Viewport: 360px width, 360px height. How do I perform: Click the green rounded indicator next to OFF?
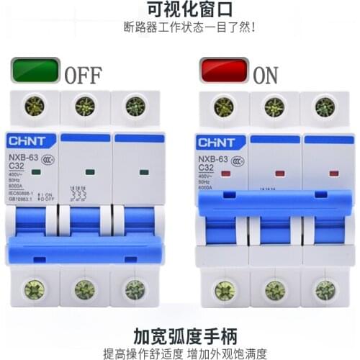35,71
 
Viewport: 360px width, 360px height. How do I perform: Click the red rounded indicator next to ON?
224,71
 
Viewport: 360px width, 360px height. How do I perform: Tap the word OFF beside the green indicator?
84,74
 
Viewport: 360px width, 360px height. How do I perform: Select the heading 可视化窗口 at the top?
179,11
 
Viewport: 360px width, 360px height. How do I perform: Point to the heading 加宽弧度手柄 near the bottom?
179,335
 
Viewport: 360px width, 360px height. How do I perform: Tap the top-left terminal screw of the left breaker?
34,106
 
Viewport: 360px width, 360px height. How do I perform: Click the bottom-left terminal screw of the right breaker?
225,290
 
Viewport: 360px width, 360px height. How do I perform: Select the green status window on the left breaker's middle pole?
90,172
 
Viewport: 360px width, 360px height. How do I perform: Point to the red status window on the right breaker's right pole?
333,174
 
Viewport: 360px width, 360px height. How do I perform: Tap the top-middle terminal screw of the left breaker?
84,106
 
